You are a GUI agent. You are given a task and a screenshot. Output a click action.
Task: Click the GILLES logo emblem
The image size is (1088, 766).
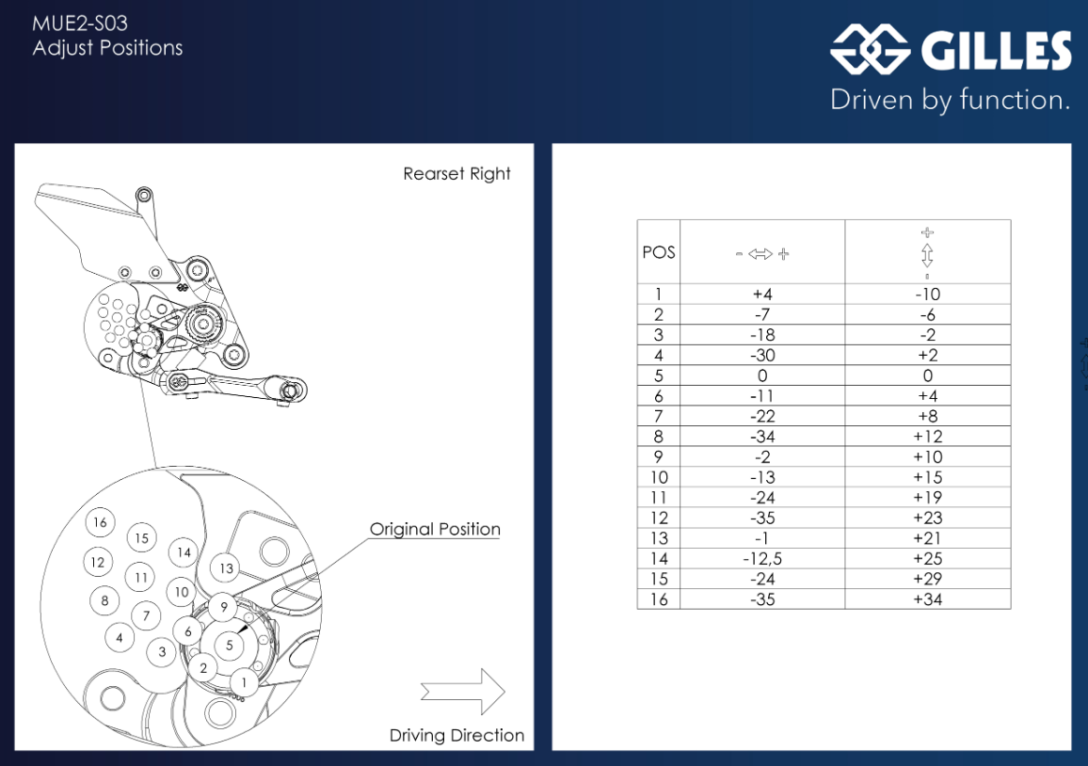[x=870, y=50]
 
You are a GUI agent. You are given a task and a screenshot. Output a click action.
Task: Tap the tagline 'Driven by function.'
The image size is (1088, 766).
[x=950, y=100]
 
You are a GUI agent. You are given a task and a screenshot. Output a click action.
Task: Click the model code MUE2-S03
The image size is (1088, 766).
[x=80, y=24]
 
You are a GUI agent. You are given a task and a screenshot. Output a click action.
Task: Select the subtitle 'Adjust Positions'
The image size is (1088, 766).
[x=107, y=48]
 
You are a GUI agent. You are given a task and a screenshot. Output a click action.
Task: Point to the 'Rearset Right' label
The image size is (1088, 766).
[x=456, y=174]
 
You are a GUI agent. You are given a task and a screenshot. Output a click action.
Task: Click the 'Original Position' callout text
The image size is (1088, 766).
[x=435, y=529]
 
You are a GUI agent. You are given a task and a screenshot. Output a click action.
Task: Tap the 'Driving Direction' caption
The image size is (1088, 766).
[x=456, y=736]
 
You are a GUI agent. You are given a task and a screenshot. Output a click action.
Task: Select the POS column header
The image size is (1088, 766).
[x=659, y=252]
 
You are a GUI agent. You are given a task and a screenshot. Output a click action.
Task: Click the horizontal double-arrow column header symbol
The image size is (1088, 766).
[x=762, y=253]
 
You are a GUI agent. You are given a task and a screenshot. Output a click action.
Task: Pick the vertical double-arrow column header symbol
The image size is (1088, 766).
[x=927, y=253]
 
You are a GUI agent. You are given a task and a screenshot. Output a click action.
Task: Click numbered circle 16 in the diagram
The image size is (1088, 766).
[x=100, y=522]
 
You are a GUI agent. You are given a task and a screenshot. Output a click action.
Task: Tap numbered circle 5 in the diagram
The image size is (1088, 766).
[x=229, y=646]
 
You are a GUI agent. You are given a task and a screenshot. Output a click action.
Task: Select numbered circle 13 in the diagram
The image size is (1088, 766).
[x=226, y=568]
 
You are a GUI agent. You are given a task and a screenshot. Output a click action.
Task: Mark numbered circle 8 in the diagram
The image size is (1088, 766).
[x=104, y=600]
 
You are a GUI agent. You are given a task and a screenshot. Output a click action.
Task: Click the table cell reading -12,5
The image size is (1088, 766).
[x=762, y=559]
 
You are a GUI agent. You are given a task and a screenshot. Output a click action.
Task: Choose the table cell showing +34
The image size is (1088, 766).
[x=927, y=599]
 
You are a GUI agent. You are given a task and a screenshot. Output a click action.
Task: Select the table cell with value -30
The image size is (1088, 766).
[x=762, y=355]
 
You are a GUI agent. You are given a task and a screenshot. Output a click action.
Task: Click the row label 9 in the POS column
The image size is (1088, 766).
[x=659, y=457]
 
